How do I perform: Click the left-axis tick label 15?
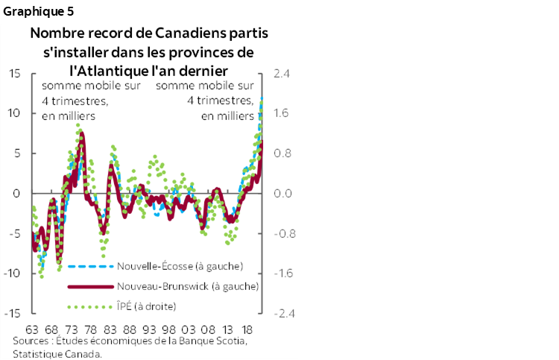click(14, 73)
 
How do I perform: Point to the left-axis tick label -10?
click(12, 273)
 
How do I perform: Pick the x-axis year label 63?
click(32, 329)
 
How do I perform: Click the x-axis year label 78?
click(89, 329)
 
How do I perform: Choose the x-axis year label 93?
click(148, 329)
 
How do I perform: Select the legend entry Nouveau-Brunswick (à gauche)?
click(188, 286)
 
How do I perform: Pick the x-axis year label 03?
click(188, 329)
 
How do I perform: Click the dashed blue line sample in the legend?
click(90, 266)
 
